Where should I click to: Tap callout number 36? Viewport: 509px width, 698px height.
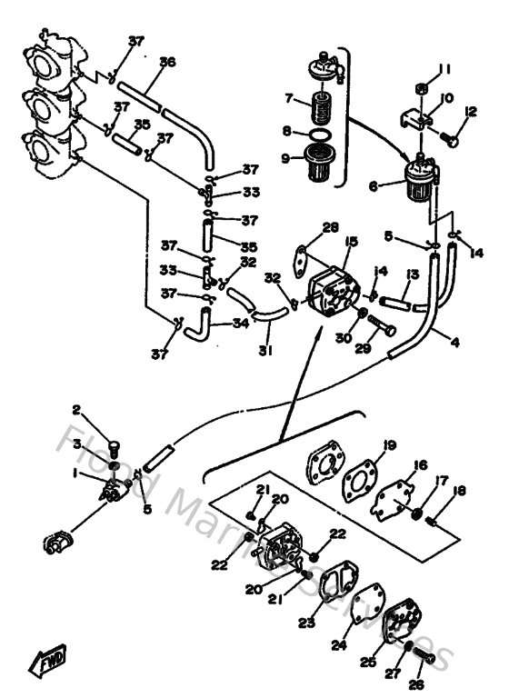(167, 62)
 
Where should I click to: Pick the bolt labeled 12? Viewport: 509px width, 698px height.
(451, 139)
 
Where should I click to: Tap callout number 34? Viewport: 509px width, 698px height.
(241, 323)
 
